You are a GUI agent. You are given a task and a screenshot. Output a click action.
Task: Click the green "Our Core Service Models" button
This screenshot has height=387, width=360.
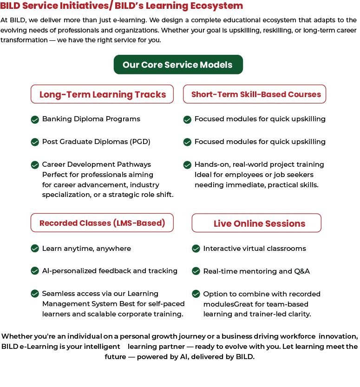click(178, 65)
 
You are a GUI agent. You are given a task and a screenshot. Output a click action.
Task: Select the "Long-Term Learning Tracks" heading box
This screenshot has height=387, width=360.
click(102, 94)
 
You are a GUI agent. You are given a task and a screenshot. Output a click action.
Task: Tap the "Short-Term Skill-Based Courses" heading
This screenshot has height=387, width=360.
click(255, 94)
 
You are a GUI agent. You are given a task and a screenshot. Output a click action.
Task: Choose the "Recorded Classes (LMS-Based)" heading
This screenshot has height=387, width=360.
click(102, 223)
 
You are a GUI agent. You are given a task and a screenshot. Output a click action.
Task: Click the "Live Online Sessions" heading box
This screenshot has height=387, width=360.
click(256, 223)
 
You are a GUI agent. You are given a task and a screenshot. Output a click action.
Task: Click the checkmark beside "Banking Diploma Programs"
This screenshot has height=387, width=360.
click(35, 119)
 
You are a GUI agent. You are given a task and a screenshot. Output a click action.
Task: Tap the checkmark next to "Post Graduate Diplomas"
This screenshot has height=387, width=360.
click(35, 142)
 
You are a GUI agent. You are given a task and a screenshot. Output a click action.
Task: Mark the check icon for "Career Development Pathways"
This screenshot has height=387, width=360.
click(35, 165)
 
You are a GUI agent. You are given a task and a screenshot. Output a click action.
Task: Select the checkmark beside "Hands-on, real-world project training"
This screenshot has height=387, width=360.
click(187, 165)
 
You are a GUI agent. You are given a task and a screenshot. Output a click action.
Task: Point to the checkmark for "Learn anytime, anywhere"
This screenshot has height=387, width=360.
click(35, 249)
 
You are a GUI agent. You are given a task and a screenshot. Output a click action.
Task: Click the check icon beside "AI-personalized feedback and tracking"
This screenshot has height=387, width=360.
click(35, 271)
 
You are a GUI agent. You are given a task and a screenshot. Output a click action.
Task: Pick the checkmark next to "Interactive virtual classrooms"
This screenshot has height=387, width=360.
click(196, 249)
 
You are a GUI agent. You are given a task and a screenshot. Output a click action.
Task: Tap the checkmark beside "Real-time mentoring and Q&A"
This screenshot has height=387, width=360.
click(196, 271)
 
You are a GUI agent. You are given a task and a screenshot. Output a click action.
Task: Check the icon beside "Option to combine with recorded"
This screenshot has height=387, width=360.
click(196, 294)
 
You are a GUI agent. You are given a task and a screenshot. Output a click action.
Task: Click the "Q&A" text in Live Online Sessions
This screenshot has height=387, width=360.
click(301, 271)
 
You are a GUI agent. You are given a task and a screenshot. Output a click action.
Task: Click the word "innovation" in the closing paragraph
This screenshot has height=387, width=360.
click(338, 336)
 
